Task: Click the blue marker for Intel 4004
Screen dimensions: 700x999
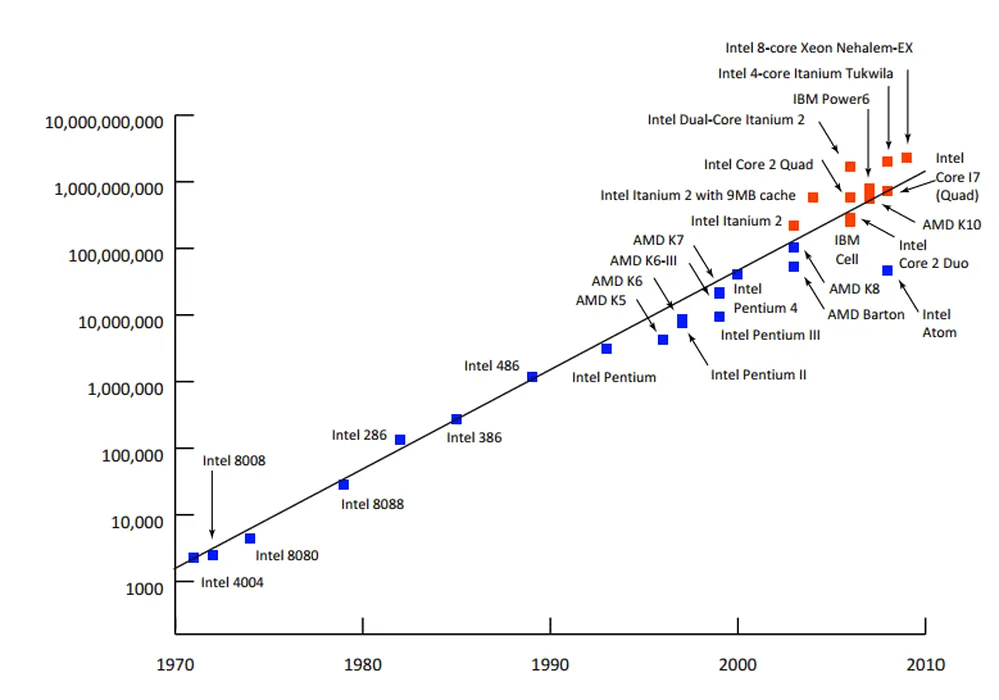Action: [193, 558]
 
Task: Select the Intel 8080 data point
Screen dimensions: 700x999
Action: [250, 539]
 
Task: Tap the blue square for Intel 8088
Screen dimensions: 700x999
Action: [344, 485]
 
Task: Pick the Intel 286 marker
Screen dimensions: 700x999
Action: [400, 440]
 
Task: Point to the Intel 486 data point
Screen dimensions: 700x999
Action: [532, 377]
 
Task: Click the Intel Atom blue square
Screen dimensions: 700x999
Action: [887, 271]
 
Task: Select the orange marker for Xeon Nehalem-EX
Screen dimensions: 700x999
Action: [907, 158]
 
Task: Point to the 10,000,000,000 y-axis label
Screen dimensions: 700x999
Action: [105, 122]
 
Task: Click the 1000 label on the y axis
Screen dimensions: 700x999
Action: [143, 588]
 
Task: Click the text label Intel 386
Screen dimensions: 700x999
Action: [474, 437]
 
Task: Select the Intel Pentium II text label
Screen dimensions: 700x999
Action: [758, 375]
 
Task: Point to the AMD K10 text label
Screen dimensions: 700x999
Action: [951, 225]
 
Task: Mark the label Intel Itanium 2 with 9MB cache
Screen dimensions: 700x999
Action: [698, 195]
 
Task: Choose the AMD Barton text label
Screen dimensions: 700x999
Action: [866, 314]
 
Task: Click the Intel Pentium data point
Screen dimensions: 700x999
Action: [607, 349]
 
